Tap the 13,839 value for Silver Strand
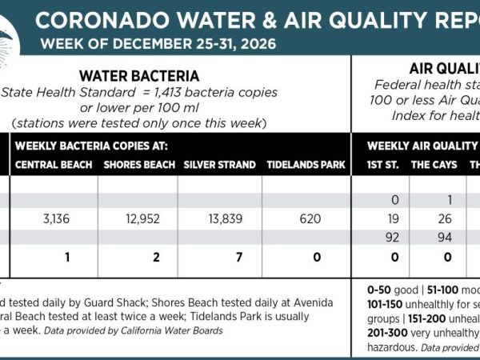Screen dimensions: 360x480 point(219,218)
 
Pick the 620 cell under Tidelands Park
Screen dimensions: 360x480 point(306,218)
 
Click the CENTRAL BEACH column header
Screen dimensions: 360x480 point(54,165)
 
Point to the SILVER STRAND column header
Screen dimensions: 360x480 point(219,165)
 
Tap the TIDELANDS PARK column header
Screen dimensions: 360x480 point(306,165)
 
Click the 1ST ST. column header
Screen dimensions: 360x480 point(381,165)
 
